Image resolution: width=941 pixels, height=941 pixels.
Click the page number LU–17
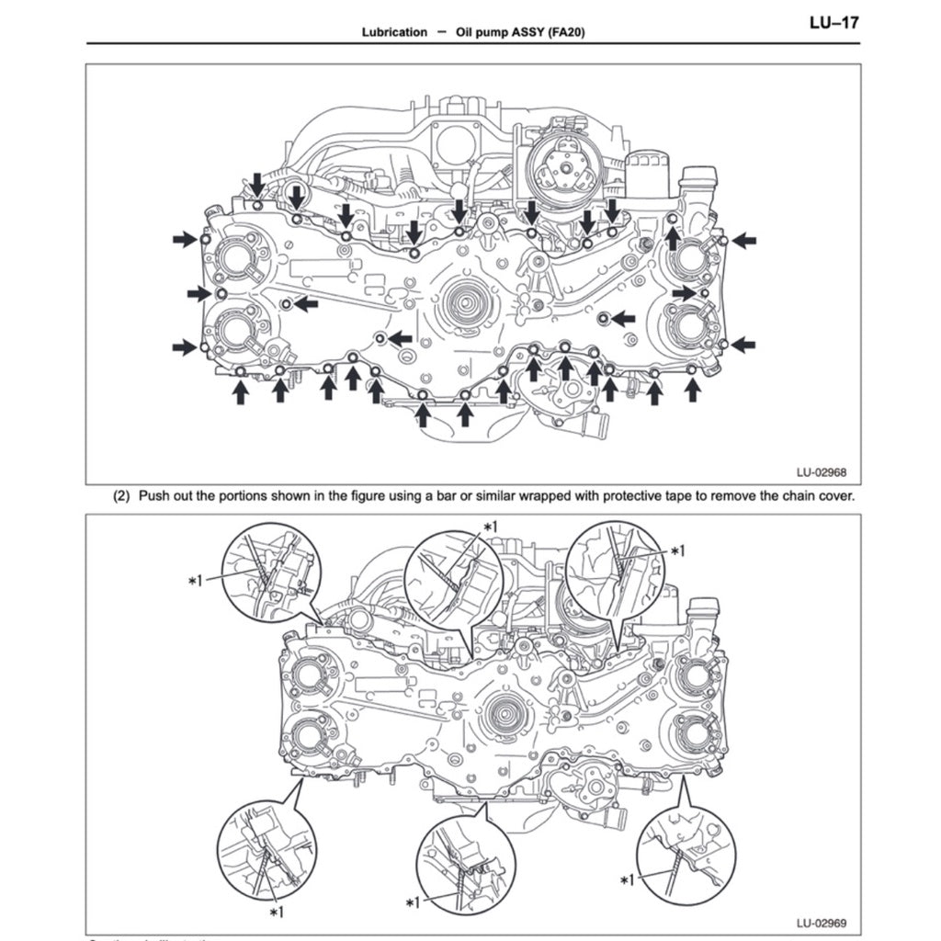(x=833, y=22)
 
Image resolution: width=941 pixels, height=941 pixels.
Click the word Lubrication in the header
(x=394, y=32)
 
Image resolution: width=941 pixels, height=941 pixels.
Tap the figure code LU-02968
(x=821, y=474)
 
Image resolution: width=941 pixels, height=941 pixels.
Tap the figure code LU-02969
(x=821, y=922)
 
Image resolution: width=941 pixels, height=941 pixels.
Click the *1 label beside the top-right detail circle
(x=678, y=550)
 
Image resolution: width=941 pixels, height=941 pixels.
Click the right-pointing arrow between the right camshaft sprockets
(x=685, y=292)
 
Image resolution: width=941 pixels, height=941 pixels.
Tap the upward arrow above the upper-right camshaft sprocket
(x=673, y=239)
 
